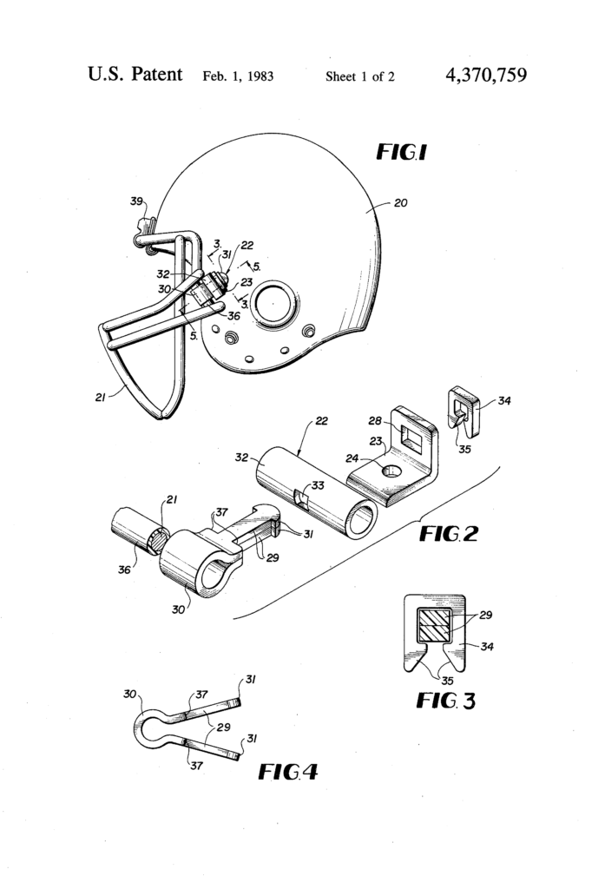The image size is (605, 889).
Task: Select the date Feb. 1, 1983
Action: click(x=238, y=76)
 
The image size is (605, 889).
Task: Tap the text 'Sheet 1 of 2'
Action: click(x=359, y=76)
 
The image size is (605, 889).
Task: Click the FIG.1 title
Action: click(x=400, y=153)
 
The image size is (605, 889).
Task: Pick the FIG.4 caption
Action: click(x=287, y=769)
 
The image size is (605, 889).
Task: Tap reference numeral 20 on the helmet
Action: click(x=400, y=203)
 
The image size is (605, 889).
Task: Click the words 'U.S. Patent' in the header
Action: click(x=135, y=75)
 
